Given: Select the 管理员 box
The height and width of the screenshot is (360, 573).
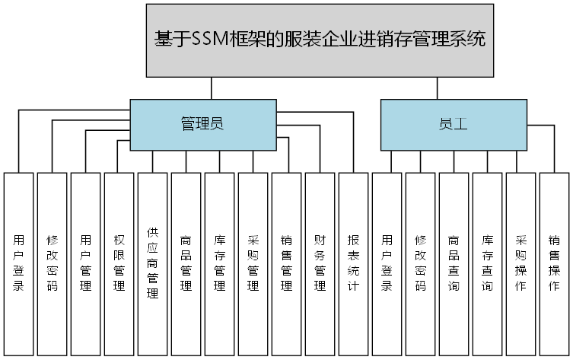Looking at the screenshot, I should [202, 124].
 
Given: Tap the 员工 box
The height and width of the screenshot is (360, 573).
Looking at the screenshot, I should [453, 124].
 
